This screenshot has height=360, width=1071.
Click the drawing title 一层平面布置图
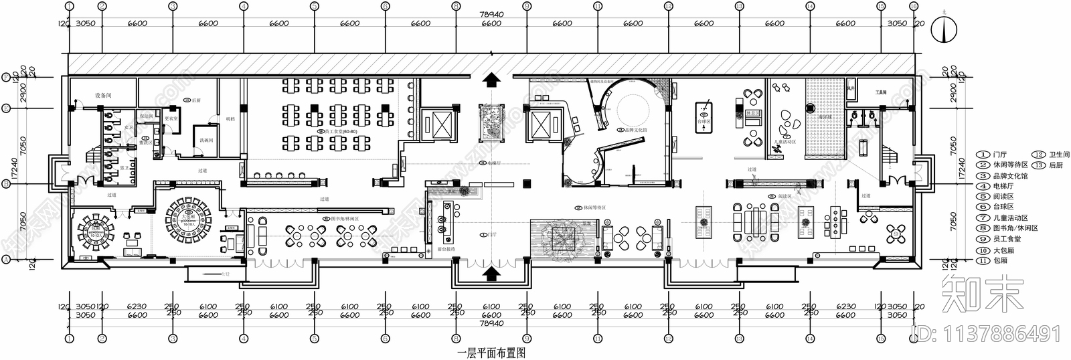pos(491,353)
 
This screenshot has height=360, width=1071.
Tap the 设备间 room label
pos(103,96)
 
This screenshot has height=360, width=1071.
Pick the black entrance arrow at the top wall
pos(491,80)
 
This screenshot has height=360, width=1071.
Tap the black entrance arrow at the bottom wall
pos(491,272)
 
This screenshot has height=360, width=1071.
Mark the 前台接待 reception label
pos(446,248)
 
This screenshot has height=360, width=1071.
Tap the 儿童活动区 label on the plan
pos(785,142)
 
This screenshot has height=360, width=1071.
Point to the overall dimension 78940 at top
pos(491,14)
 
